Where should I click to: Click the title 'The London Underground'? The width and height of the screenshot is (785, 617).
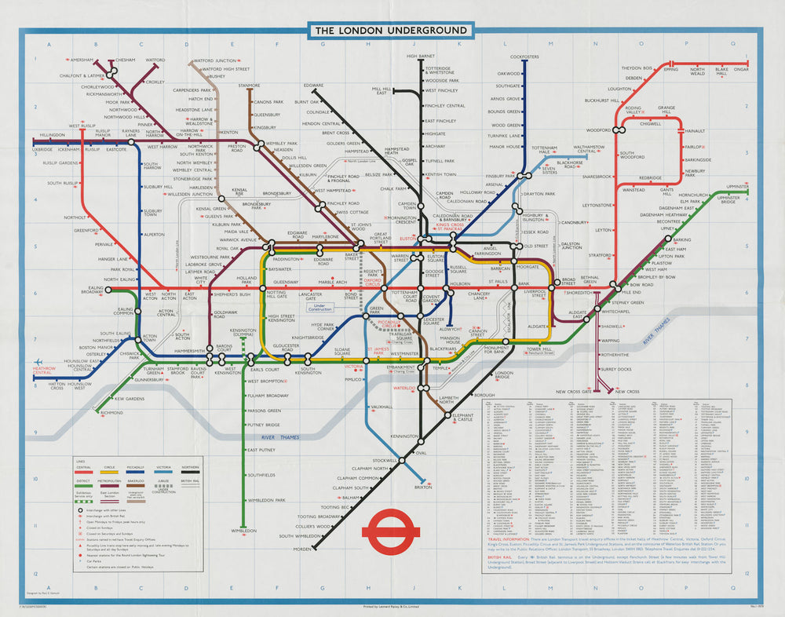[392, 31]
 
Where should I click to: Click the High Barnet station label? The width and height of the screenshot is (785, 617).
[421, 57]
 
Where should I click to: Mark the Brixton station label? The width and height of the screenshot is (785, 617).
[422, 487]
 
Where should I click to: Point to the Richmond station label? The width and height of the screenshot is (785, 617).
[111, 413]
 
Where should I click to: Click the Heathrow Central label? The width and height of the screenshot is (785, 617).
[52, 369]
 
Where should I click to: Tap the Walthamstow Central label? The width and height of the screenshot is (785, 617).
[589, 148]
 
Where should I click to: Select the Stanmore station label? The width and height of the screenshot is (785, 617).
[249, 85]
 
